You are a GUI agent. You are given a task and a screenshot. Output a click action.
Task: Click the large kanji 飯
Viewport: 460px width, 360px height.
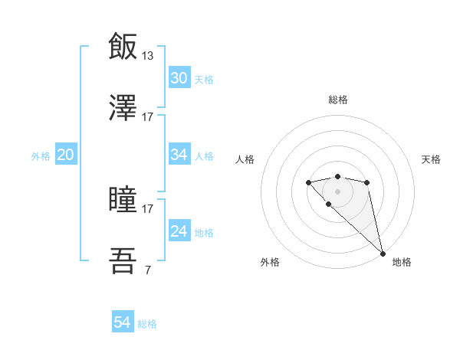(123, 47)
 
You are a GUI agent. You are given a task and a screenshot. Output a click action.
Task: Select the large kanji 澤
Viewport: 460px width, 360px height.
(123, 109)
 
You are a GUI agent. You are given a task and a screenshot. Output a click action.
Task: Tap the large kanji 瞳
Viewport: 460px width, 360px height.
(123, 201)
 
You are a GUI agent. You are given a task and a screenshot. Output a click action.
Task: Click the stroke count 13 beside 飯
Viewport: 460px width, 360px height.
(148, 55)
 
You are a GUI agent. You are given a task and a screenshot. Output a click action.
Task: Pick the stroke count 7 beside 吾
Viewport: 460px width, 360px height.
(147, 270)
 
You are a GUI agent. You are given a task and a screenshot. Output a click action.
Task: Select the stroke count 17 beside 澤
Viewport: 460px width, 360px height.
(148, 117)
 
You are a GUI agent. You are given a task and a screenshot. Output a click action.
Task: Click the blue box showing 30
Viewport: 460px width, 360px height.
(179, 78)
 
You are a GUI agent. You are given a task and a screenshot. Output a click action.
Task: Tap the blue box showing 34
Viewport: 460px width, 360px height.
(179, 155)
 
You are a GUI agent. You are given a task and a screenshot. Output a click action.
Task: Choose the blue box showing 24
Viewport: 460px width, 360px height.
(179, 231)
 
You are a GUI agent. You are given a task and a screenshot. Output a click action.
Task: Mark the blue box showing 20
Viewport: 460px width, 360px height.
(66, 155)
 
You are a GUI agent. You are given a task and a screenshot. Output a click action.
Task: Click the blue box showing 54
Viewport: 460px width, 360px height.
(123, 323)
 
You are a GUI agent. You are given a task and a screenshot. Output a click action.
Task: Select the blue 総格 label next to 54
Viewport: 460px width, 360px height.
(147, 324)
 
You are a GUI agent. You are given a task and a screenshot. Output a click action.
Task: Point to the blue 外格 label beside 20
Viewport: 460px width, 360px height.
(41, 155)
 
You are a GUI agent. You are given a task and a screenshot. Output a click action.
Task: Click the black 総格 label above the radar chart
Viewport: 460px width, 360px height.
(337, 100)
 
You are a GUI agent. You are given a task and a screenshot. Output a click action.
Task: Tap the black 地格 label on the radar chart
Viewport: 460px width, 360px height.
(402, 262)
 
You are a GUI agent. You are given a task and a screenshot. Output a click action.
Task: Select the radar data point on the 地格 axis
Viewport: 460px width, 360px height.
(383, 253)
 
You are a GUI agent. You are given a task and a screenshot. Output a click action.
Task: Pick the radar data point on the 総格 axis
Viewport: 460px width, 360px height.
(337, 177)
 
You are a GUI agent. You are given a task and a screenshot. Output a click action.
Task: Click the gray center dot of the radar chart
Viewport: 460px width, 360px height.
(337, 191)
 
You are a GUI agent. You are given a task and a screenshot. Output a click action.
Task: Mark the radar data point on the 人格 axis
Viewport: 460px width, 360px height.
(308, 182)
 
